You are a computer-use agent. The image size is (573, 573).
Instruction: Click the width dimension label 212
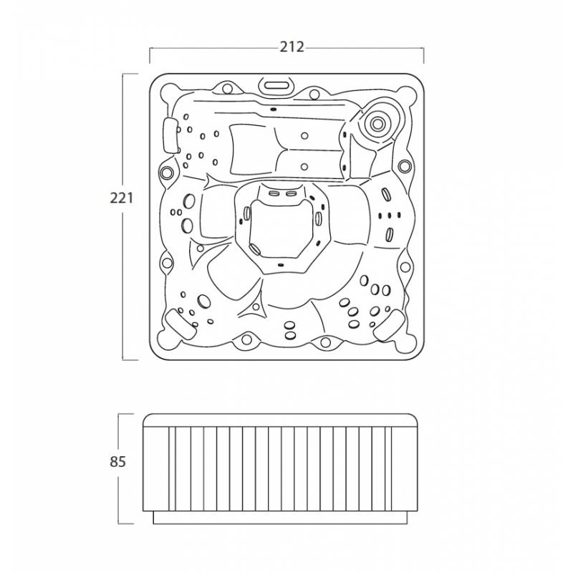pos(292,47)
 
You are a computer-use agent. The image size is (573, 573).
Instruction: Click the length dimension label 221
pos(122,198)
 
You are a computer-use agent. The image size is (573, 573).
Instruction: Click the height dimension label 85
pos(117,461)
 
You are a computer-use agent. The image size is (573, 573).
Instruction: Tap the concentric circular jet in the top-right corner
pos(377,124)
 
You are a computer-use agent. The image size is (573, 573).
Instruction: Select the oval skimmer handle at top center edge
pos(276,85)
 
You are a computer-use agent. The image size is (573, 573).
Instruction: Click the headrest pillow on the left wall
pos(170,135)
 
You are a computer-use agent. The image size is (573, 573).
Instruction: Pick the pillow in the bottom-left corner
pos(181,324)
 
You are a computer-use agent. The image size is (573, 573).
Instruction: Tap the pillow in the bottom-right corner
pos(389,325)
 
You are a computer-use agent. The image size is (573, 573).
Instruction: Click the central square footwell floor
pos(281,228)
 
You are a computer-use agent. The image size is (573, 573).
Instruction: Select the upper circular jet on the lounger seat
pos(304,136)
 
